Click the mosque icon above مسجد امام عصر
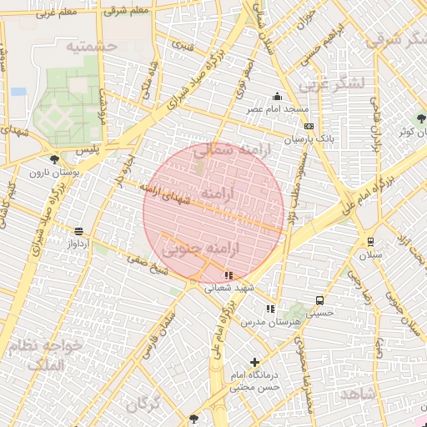pos(277,97)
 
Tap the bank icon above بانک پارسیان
pos(309,126)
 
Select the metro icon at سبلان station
pos(370,241)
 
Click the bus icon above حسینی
pos(319,301)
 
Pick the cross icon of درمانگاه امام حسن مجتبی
pos(254,362)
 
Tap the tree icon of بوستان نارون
pos(54,159)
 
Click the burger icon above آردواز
pos(78,232)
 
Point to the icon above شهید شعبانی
pos(229,275)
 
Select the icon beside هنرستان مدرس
pos(269,309)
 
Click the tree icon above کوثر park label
pos(420,119)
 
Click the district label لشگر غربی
pos(331,84)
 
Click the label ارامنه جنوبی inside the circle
pos(201,249)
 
